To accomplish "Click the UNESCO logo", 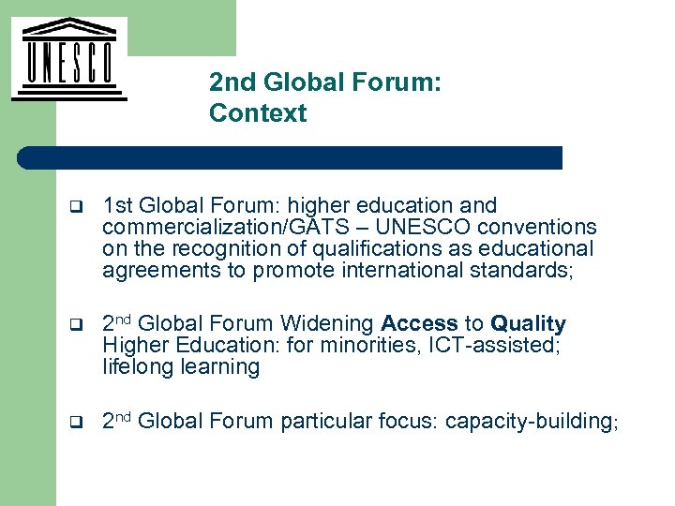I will pos(68,58).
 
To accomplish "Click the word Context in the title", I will pos(258,113).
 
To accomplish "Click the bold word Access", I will pos(420,324).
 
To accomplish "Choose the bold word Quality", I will pos(528,324).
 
